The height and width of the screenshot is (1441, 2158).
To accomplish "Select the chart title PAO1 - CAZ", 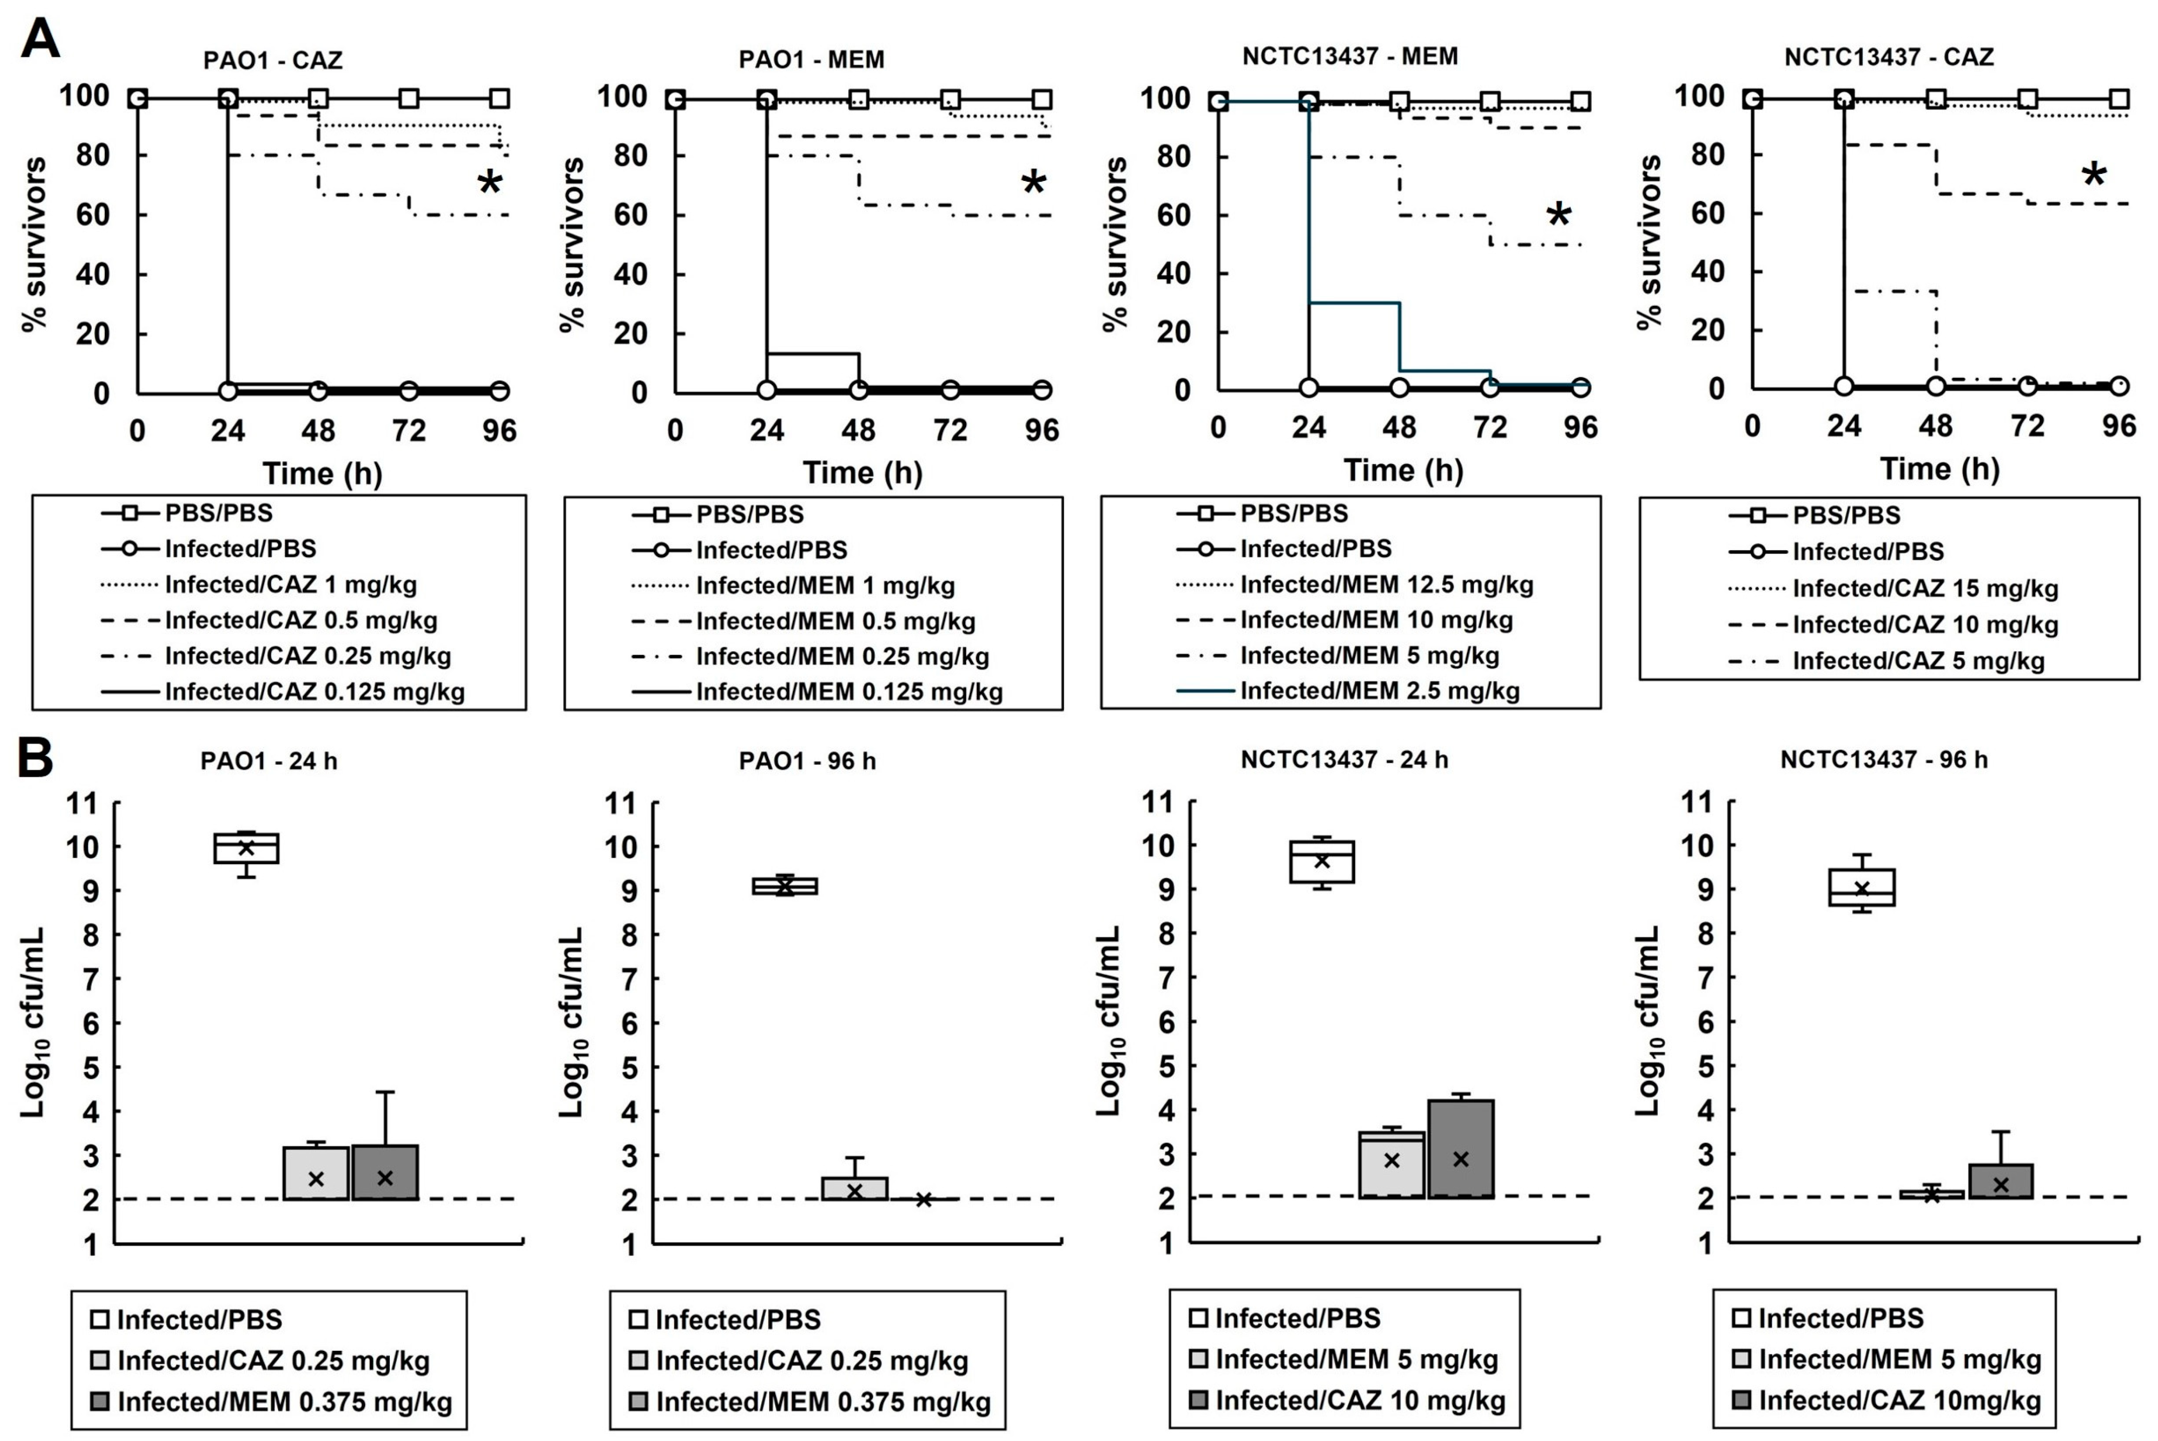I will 273,60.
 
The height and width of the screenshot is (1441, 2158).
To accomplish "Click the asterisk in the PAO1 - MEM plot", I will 1034,183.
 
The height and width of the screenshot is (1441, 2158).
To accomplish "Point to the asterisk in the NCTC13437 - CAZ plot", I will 2093,175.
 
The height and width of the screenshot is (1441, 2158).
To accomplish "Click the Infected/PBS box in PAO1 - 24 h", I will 246,847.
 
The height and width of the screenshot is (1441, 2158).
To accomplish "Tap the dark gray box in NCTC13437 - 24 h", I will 1461,1149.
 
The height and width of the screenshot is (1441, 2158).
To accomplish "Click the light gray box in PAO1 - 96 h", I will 854,1188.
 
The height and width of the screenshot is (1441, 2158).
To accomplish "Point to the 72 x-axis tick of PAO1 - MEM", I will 950,430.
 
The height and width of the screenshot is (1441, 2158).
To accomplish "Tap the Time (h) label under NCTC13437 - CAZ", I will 1939,470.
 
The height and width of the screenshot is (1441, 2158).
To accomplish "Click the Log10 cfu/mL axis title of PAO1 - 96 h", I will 571,1022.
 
